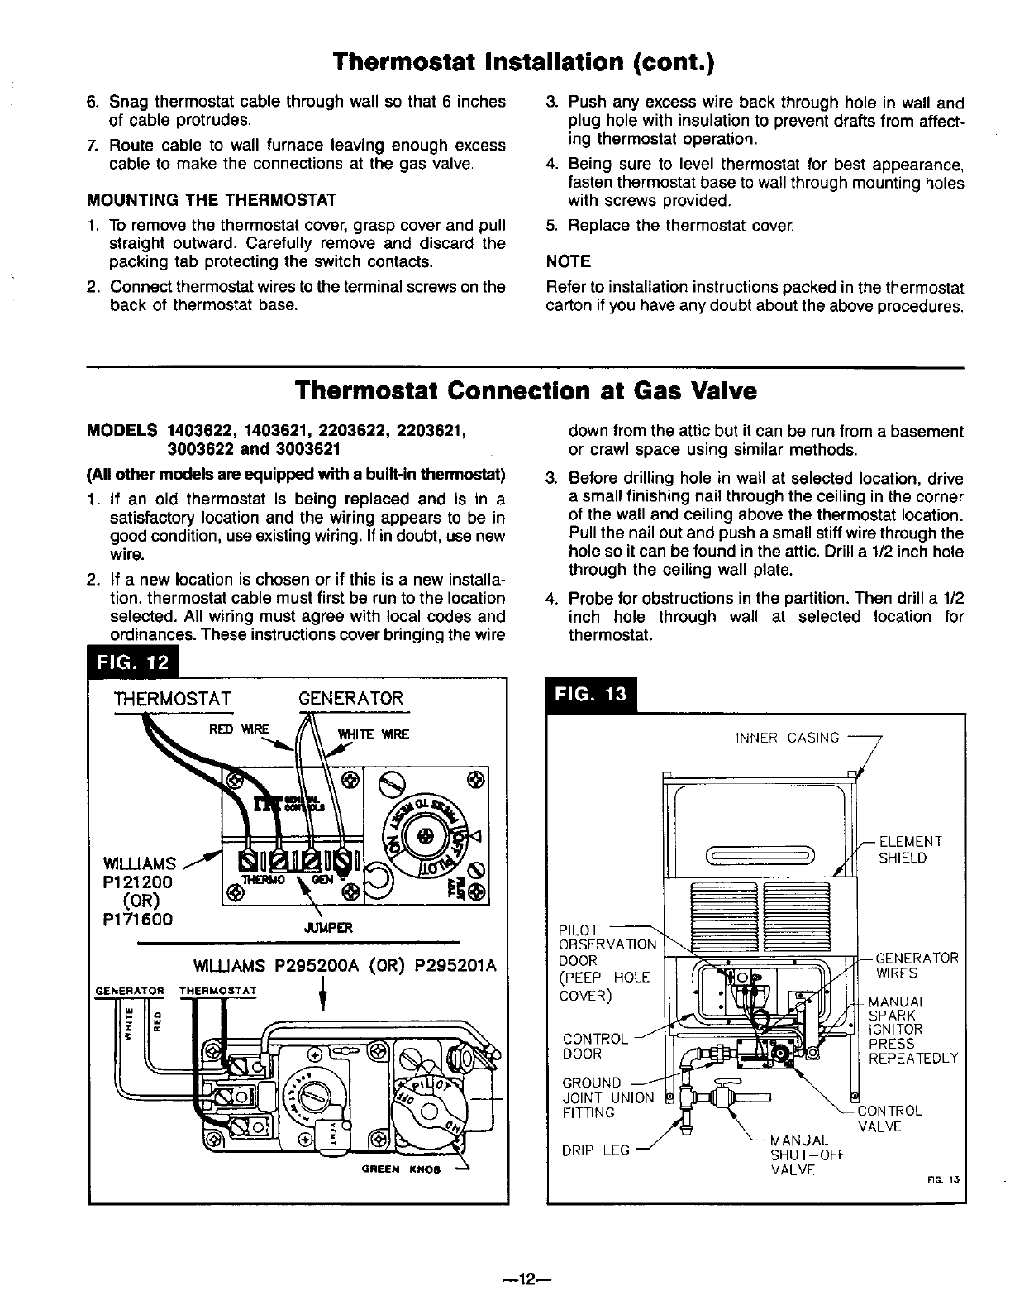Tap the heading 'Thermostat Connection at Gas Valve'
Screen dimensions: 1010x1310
coord(525,390)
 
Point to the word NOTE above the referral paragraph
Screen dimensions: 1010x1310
coord(569,262)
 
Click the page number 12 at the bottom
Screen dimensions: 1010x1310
coord(525,1280)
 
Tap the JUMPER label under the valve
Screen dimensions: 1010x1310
coord(329,927)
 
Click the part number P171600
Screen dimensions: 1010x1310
coord(140,918)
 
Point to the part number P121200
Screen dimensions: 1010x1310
coord(140,882)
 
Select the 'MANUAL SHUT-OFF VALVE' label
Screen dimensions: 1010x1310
coord(807,1155)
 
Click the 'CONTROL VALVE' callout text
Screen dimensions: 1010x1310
coord(889,1119)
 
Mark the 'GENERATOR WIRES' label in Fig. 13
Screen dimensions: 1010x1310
coord(916,965)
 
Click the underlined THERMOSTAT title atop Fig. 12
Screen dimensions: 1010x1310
coord(173,699)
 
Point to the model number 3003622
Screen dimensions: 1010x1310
coord(205,449)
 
